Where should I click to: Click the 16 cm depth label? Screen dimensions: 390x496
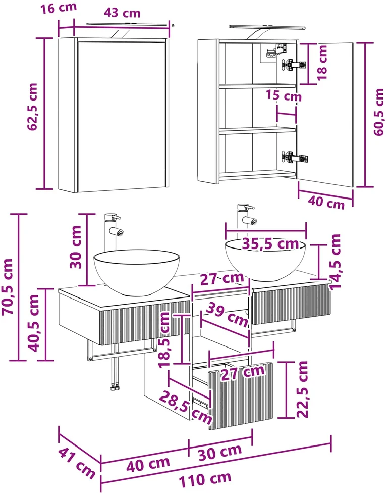(x=59, y=8)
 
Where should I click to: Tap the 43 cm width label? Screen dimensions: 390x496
(x=122, y=13)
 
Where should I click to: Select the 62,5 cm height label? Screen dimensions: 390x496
(x=32, y=107)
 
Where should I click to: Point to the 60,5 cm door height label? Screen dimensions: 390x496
(x=378, y=112)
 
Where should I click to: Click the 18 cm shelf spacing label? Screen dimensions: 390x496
(x=322, y=63)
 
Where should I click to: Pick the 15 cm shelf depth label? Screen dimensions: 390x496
(x=284, y=95)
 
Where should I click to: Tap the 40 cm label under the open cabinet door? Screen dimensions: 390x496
(x=326, y=202)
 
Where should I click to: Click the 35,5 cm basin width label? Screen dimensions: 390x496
(x=270, y=244)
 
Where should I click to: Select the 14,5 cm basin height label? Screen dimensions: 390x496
(x=335, y=261)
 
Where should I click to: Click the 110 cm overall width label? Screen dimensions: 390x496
(x=205, y=480)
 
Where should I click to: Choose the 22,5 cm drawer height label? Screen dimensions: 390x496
(x=302, y=389)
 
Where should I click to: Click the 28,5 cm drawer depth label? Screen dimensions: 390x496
(x=185, y=407)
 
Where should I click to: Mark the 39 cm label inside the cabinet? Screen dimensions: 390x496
(x=227, y=314)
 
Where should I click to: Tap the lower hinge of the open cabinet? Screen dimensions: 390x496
(x=295, y=157)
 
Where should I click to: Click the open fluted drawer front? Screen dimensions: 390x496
(x=241, y=395)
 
